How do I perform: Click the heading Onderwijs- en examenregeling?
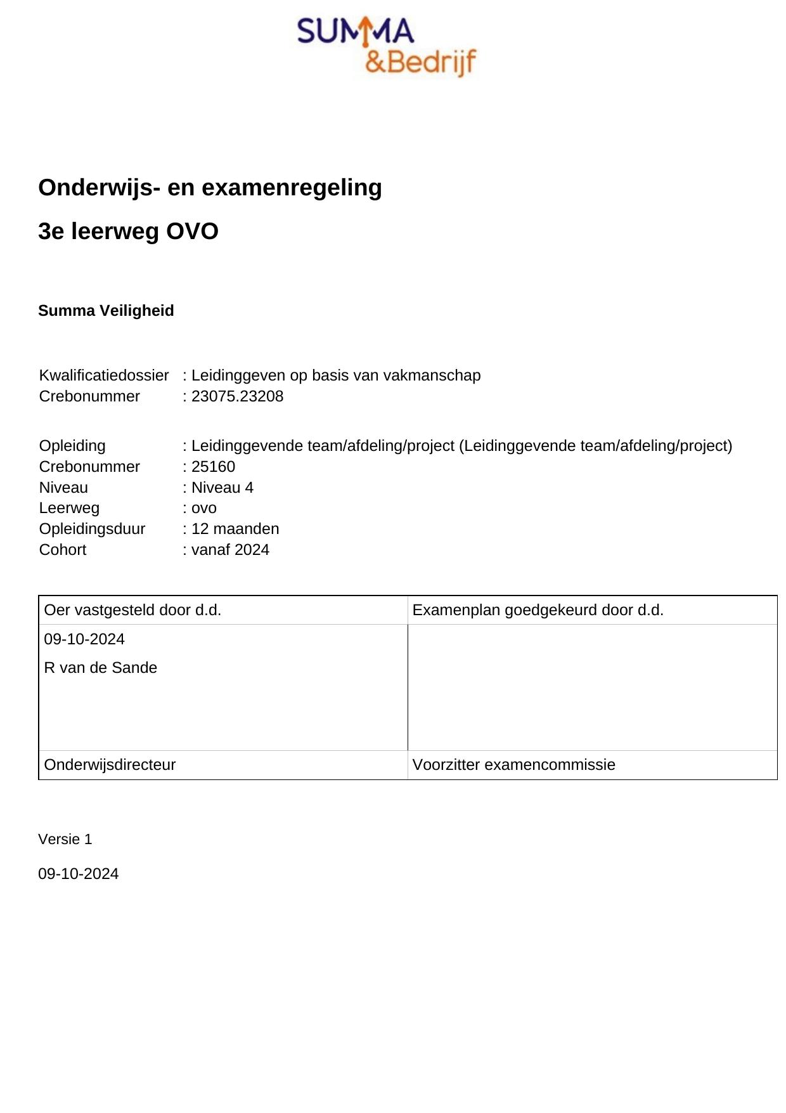click(x=210, y=188)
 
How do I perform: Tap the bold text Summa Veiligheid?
click(x=106, y=311)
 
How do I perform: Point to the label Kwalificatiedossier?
click(x=104, y=375)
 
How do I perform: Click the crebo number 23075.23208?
click(x=237, y=396)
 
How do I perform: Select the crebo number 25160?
click(x=213, y=467)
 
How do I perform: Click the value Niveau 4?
click(x=222, y=488)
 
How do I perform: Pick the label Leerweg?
click(x=69, y=508)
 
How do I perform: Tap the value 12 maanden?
click(x=235, y=529)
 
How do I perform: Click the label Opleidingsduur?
click(x=92, y=529)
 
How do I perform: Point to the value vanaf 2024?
click(x=230, y=550)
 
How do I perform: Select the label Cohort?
click(x=62, y=550)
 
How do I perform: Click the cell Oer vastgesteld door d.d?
click(x=132, y=610)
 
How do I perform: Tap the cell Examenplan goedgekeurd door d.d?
click(x=538, y=610)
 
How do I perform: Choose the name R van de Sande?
click(x=100, y=668)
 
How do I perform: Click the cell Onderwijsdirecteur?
click(x=110, y=765)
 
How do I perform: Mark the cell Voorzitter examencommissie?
click(x=513, y=765)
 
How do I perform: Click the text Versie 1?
click(x=65, y=840)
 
